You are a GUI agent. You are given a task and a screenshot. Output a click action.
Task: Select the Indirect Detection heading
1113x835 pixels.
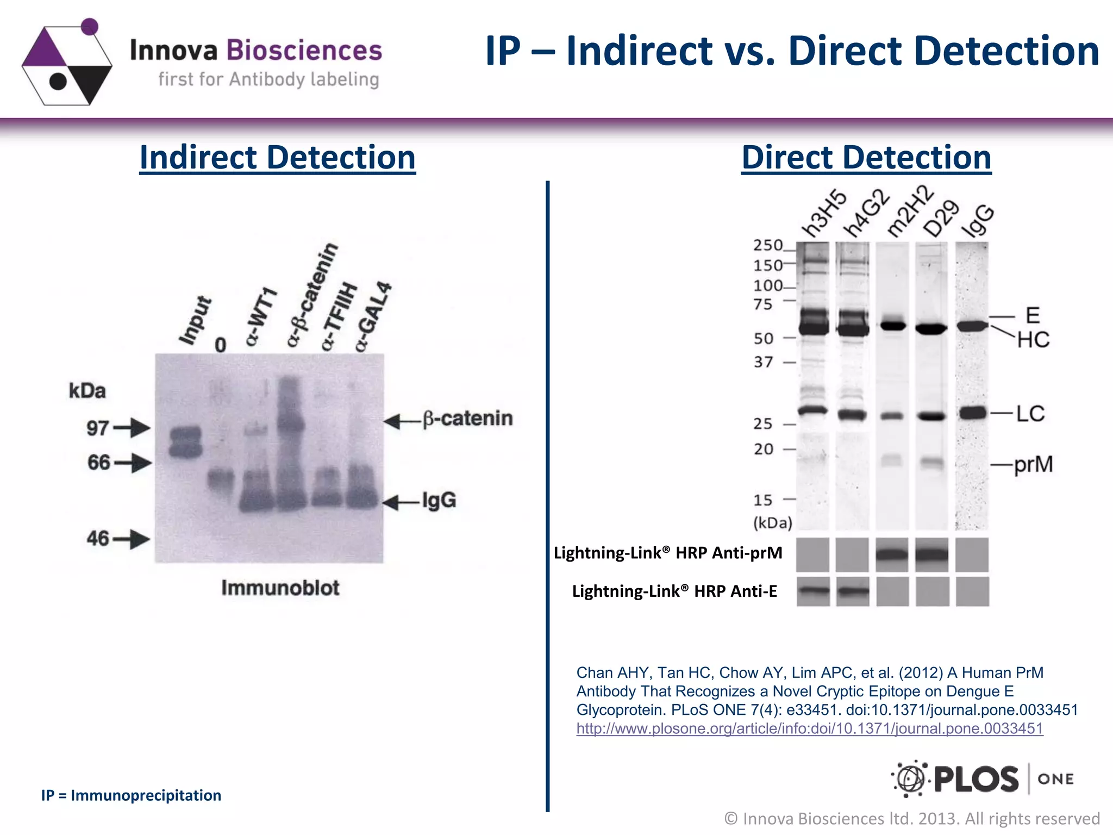pyautogui.click(x=277, y=158)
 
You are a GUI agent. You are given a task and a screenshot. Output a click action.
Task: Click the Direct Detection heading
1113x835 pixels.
pyautogui.click(x=866, y=158)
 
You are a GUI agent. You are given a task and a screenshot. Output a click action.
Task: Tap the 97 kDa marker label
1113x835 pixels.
pyautogui.click(x=98, y=428)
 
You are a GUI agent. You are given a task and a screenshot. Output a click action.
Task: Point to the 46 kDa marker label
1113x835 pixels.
pyautogui.click(x=98, y=539)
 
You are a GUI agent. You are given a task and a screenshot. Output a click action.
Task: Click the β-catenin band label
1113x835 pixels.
pyautogui.click(x=467, y=419)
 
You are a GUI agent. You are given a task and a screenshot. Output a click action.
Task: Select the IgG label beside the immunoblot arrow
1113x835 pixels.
pyautogui.click(x=439, y=500)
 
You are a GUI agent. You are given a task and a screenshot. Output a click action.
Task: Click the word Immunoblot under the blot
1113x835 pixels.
pyautogui.click(x=280, y=588)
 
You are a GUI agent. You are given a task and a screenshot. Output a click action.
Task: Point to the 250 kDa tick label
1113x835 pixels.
pyautogui.click(x=767, y=246)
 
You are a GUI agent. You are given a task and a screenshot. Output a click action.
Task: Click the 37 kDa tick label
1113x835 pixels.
pyautogui.click(x=763, y=362)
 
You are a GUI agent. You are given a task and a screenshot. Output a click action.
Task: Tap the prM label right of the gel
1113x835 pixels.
pyautogui.click(x=1033, y=465)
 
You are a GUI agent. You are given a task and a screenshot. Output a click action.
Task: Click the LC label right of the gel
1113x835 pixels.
pyautogui.click(x=1030, y=414)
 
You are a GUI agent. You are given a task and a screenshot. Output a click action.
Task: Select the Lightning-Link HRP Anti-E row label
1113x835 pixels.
pyautogui.click(x=674, y=591)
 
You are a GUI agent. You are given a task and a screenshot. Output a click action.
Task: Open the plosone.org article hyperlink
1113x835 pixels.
pyautogui.click(x=809, y=728)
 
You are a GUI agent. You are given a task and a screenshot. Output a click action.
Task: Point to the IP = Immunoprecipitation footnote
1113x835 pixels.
pyautogui.click(x=131, y=795)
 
